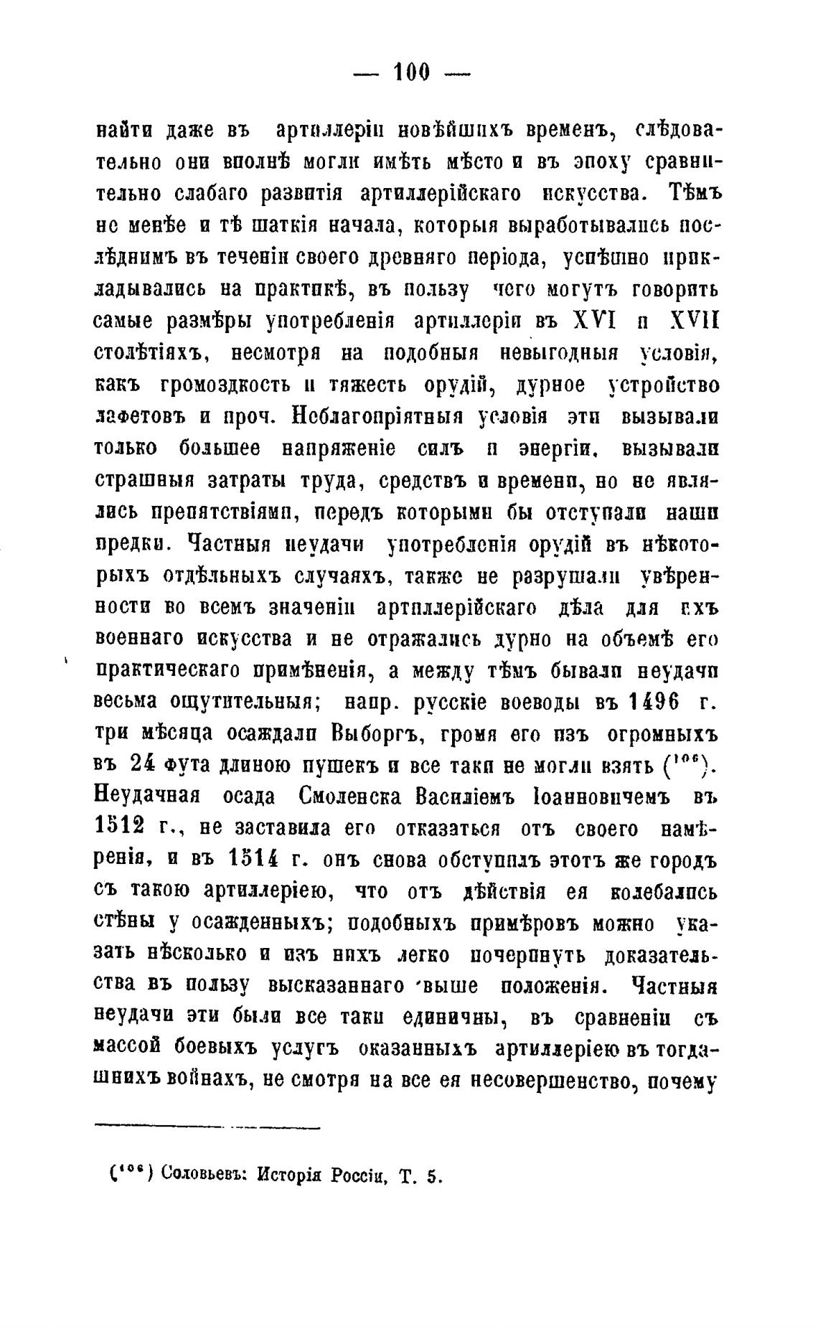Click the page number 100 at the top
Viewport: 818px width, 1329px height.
pos(411,72)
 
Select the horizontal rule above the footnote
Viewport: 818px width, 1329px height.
pos(207,1124)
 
